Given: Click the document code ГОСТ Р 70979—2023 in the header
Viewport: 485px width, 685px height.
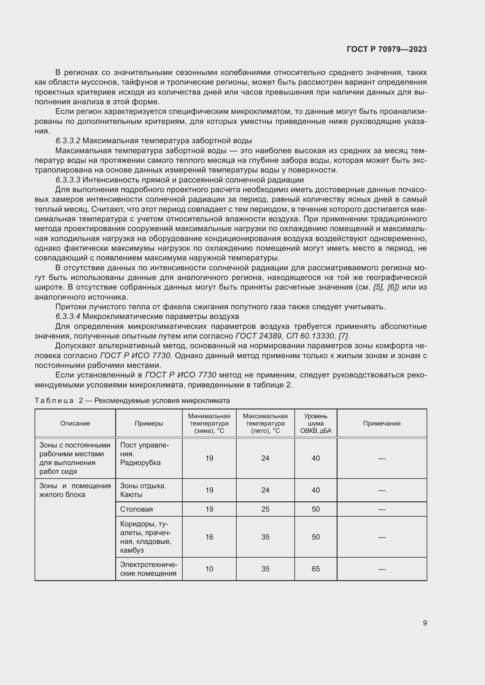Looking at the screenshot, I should point(386,49).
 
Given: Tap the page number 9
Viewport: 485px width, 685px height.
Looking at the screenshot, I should point(425,623).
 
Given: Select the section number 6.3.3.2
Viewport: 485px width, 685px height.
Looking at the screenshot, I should point(68,141).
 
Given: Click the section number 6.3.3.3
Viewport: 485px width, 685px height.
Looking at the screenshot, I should point(68,180).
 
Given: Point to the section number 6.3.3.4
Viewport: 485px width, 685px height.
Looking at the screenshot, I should point(68,316).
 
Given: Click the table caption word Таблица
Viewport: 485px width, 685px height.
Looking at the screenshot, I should point(54,400).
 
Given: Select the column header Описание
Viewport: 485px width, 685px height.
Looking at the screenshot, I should point(75,423).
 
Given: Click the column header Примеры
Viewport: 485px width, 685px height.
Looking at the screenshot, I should point(149,423).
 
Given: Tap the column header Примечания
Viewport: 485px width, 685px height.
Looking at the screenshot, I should point(382,423).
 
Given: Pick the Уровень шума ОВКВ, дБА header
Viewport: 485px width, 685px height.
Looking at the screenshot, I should point(316,423).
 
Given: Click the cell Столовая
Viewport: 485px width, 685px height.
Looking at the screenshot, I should point(136,509).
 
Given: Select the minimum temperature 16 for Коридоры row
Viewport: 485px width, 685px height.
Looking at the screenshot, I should point(209,537).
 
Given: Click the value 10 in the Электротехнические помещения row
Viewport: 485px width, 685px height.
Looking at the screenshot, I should point(209,569).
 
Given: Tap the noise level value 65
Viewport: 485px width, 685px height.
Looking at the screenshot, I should point(316,569).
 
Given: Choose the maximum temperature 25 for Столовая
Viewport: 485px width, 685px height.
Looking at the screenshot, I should point(265,509).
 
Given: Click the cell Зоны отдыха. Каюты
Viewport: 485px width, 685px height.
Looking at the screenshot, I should point(143,490).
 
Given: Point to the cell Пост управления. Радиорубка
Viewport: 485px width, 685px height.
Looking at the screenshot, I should point(144,454).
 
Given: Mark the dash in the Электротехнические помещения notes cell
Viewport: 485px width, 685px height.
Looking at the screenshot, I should point(382,569).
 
